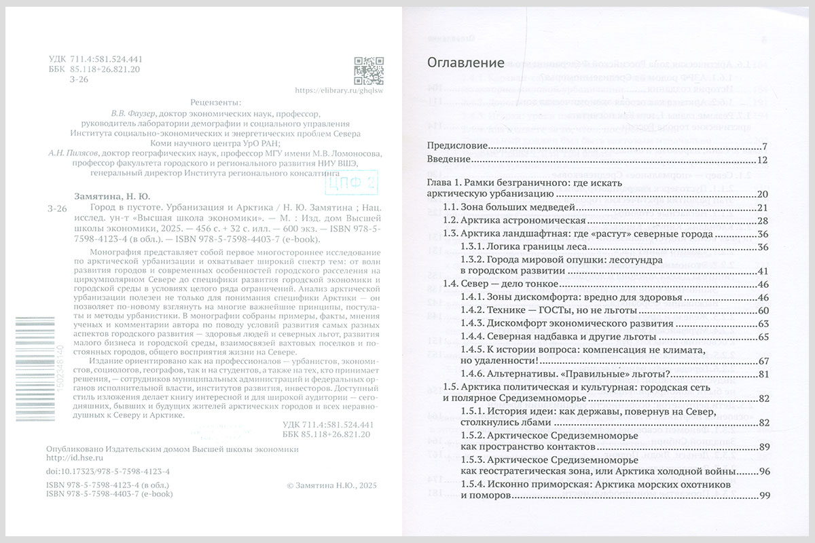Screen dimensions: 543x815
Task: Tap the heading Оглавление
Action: click(465, 63)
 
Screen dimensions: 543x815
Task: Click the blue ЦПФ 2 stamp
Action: click(351, 182)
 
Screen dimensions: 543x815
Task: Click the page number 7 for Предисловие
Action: click(764, 146)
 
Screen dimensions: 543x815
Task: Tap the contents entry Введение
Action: click(448, 160)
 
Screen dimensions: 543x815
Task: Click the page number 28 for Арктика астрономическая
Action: click(762, 221)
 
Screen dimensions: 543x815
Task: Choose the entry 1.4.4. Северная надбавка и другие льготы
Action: click(558, 337)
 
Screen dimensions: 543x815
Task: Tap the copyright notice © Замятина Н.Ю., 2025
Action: click(332, 486)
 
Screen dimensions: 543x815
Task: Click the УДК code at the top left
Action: click(95, 59)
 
